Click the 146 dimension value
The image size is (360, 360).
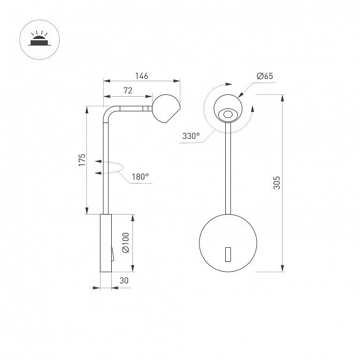(141, 76)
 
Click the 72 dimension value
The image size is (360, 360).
(128, 91)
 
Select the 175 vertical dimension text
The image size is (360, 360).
(82, 160)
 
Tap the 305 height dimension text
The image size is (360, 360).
(276, 183)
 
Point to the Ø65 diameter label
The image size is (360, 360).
(265, 76)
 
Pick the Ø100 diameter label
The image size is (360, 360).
(126, 243)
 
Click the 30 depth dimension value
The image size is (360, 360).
(124, 281)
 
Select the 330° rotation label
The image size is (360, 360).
(191, 136)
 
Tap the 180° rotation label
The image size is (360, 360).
(140, 177)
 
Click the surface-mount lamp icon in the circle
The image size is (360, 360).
(39, 39)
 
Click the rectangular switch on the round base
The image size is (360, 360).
(228, 254)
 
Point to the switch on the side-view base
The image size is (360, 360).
(113, 254)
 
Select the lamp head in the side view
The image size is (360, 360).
(166, 108)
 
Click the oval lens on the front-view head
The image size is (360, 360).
(228, 115)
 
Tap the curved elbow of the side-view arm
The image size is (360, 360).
(110, 113)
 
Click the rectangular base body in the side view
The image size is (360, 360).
(106, 243)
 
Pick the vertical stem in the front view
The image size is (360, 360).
(228, 169)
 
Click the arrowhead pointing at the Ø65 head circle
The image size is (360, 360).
(241, 95)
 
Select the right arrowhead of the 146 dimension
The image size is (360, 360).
(176, 81)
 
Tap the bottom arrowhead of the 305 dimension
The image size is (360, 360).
(283, 268)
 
